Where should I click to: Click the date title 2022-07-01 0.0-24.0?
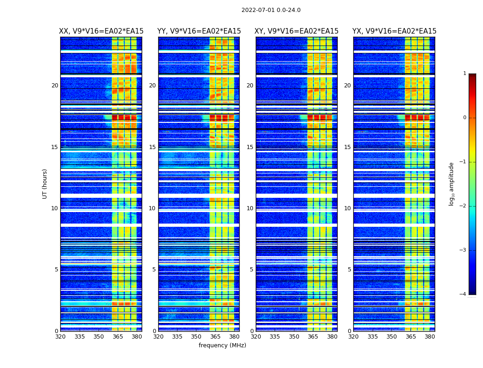(271, 10)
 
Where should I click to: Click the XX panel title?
(101, 31)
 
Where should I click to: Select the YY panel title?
(199, 31)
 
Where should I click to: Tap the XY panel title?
(297, 31)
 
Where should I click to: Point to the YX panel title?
(394, 31)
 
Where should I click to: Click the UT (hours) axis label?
(45, 184)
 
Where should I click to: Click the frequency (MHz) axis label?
(222, 345)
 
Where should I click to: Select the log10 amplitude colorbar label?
(452, 184)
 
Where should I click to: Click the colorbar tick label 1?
(464, 74)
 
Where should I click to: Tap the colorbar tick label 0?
(464, 118)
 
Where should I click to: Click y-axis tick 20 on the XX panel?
(55, 86)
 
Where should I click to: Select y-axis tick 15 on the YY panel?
(152, 147)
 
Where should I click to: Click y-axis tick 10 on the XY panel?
(250, 208)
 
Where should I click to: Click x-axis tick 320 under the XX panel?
(60, 337)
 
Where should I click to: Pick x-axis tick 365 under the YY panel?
(215, 337)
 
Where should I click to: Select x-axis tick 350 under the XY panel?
(294, 337)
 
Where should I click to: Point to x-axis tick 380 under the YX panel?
(430, 337)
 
